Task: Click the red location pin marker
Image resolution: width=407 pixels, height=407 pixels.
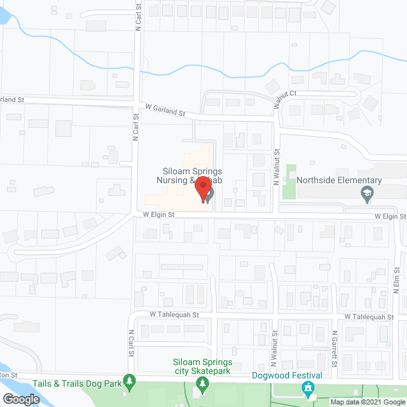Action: (x=203, y=190)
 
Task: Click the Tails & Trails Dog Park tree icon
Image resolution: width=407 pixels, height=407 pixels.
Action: (x=130, y=382)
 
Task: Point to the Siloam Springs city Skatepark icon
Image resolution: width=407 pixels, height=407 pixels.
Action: (x=203, y=383)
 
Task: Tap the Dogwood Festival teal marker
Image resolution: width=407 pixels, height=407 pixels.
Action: (x=309, y=387)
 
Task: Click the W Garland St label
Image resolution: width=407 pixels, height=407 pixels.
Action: (x=164, y=110)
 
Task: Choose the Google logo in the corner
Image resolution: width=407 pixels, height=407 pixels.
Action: (x=21, y=399)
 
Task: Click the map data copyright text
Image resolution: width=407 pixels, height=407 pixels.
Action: (x=366, y=401)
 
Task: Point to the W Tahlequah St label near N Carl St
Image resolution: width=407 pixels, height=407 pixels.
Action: (x=174, y=314)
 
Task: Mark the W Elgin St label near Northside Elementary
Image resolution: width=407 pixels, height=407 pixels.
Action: (x=389, y=217)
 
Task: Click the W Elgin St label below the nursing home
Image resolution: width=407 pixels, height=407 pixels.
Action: (x=158, y=216)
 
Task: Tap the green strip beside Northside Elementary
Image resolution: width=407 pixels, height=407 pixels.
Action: (x=291, y=181)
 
